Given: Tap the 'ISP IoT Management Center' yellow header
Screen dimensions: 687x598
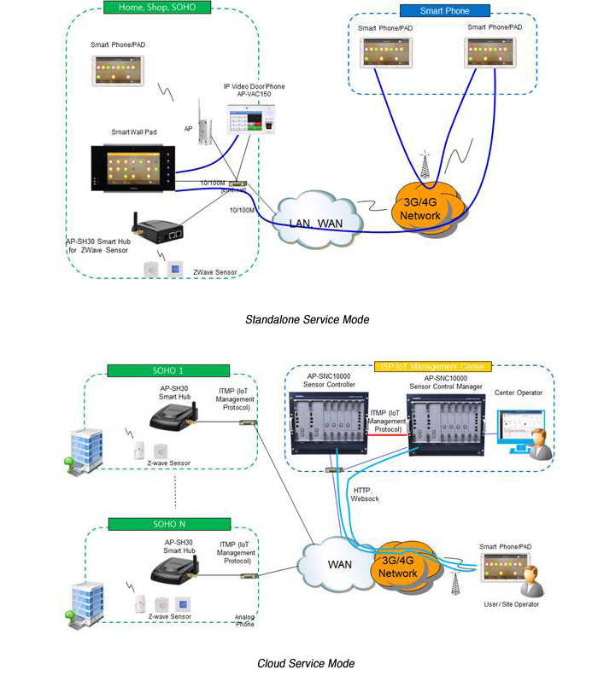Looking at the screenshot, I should (x=431, y=366).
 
